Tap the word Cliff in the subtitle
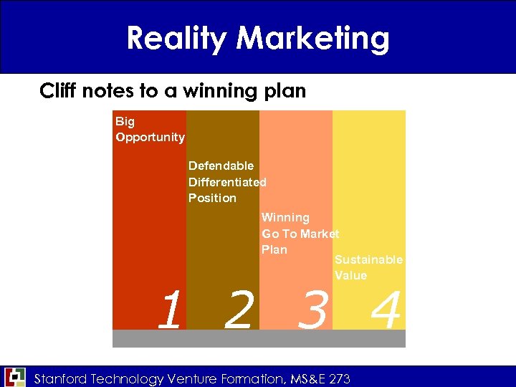(x=57, y=91)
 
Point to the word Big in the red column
(x=125, y=121)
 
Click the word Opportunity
(x=150, y=137)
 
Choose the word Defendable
(x=221, y=166)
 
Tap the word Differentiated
(x=227, y=182)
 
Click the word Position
(x=212, y=198)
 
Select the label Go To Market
(x=300, y=234)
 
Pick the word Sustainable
(x=368, y=259)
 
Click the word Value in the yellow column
(x=350, y=275)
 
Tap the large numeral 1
(x=169, y=311)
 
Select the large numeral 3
(x=312, y=311)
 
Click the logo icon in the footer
(x=14, y=377)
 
